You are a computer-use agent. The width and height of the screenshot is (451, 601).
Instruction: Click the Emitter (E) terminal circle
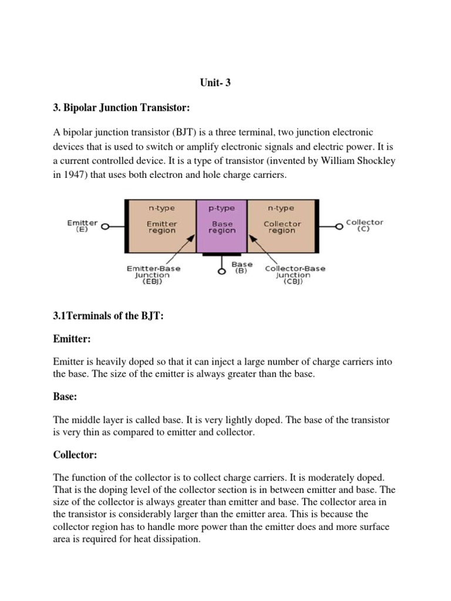[105, 225]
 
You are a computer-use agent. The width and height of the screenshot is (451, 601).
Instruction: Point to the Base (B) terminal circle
[222, 272]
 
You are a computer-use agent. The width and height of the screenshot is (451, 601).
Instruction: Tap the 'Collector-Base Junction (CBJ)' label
[295, 275]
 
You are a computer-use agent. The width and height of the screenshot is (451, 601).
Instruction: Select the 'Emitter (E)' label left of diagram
[82, 226]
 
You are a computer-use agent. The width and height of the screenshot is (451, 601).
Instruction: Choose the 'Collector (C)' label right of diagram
[364, 225]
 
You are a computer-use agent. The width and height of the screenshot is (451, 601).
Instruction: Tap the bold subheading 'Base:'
[65, 397]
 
